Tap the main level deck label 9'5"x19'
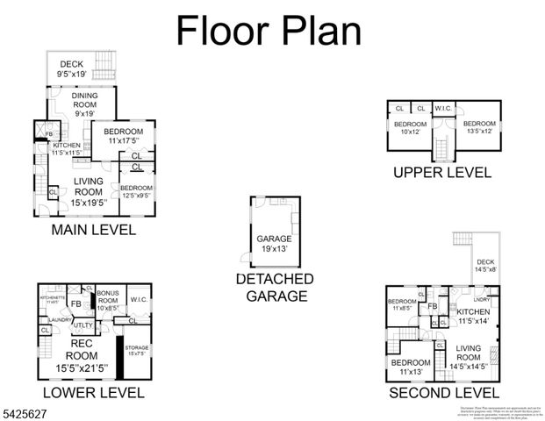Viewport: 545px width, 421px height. [72, 69]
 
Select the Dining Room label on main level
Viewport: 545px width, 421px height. [84, 103]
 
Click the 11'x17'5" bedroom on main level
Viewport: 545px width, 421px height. [125, 136]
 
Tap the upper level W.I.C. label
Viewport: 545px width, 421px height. [442, 109]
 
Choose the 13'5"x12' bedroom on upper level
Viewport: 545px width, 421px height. [480, 128]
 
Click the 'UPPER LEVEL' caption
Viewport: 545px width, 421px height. [441, 172]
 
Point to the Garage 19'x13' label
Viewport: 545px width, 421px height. [273, 243]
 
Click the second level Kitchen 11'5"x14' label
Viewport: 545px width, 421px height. [473, 317]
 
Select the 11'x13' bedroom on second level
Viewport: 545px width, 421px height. [409, 367]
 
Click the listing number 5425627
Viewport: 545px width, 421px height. [27, 412]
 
